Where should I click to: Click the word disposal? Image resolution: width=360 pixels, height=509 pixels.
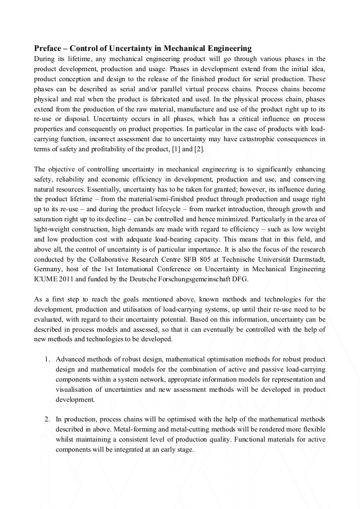[79, 119]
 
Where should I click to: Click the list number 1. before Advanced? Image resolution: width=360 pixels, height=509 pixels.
[48, 359]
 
